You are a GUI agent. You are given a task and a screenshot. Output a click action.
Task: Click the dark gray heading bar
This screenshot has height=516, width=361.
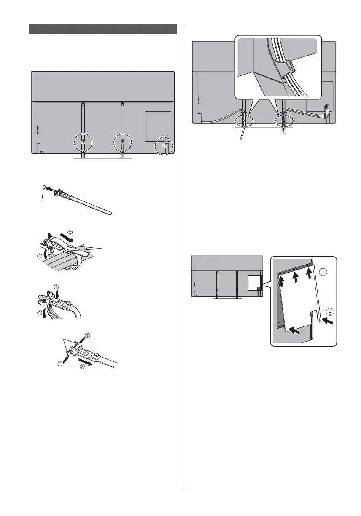(102, 29)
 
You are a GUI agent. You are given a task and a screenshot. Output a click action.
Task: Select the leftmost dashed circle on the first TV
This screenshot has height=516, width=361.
(83, 144)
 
